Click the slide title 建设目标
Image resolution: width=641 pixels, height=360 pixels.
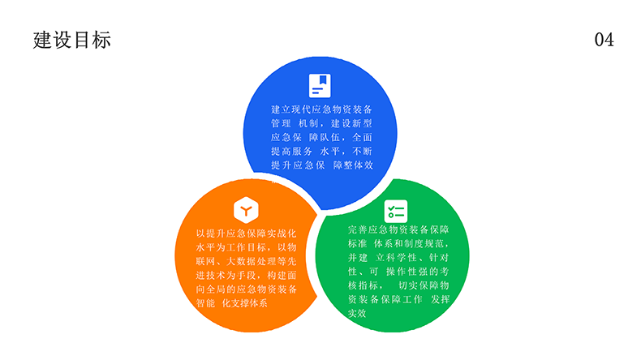[x=72, y=40]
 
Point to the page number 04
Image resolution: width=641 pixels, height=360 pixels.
[x=604, y=40]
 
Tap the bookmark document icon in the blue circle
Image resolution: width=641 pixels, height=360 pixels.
[x=320, y=85]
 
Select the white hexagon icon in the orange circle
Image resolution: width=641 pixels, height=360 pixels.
[x=246, y=210]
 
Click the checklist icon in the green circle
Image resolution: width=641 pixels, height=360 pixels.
[x=396, y=212]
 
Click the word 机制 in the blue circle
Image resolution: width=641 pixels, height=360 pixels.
[x=308, y=123]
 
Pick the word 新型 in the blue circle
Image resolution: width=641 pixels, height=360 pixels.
[x=362, y=123]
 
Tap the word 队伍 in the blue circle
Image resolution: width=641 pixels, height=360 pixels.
[x=329, y=137]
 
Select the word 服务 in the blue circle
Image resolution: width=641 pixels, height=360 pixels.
[x=302, y=151]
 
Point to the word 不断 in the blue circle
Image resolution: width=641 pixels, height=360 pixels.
[x=362, y=151]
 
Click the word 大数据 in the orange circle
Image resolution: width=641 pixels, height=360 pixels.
[x=241, y=261]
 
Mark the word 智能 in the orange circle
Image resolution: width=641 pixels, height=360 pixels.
[x=205, y=303]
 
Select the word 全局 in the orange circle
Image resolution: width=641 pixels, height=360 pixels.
[x=216, y=289]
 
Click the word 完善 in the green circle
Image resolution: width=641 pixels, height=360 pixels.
[x=358, y=229]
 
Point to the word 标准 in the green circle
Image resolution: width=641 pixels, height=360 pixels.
[x=358, y=243]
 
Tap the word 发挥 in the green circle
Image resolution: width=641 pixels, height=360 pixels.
[x=440, y=299]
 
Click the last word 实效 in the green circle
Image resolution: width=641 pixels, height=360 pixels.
[x=357, y=314]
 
